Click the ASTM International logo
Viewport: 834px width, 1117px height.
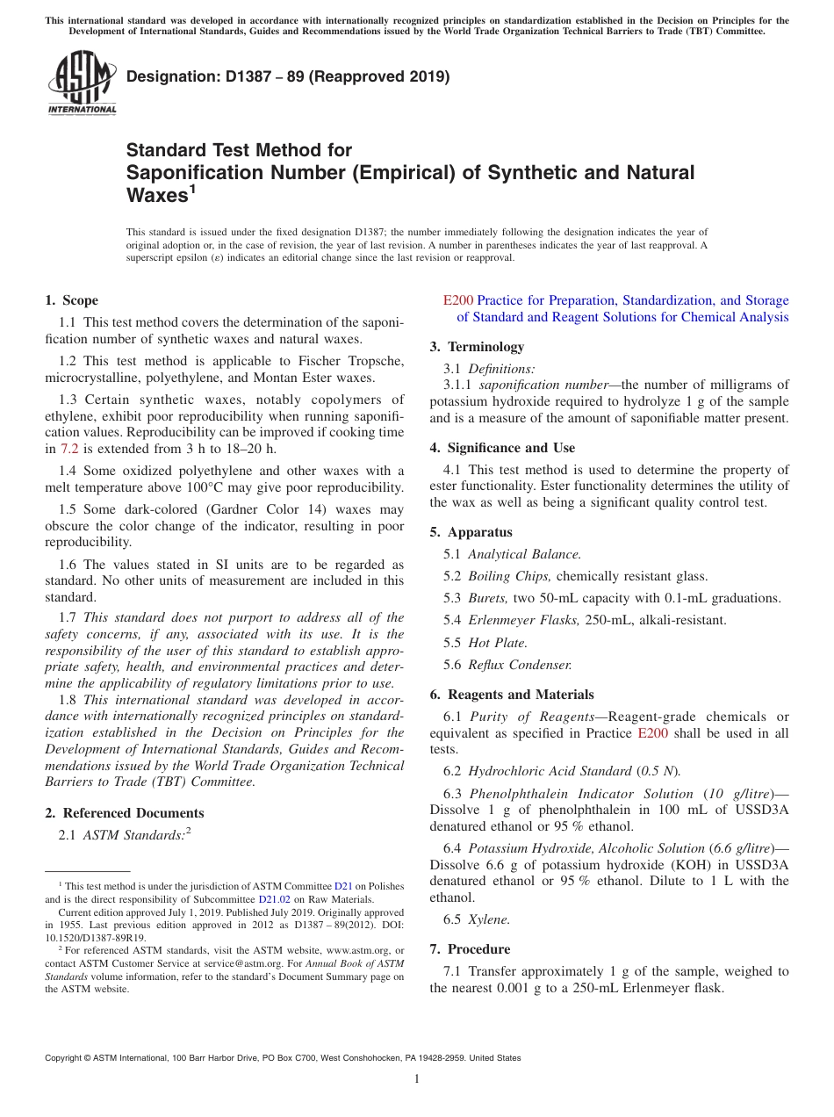tap(82, 83)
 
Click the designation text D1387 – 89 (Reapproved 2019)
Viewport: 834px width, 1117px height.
tap(288, 76)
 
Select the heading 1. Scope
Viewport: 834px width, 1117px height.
tap(72, 300)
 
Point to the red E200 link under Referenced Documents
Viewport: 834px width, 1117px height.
tap(457, 300)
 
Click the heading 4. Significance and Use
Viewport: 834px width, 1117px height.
tap(502, 448)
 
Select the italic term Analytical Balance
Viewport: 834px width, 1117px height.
tap(524, 554)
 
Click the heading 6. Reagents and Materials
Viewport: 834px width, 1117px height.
tap(512, 695)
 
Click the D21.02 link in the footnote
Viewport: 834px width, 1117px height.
tap(272, 899)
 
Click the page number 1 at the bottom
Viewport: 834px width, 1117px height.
tap(417, 1078)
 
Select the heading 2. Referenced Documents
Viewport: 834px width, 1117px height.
tap(125, 813)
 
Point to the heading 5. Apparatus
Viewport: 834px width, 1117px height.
tap(471, 532)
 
